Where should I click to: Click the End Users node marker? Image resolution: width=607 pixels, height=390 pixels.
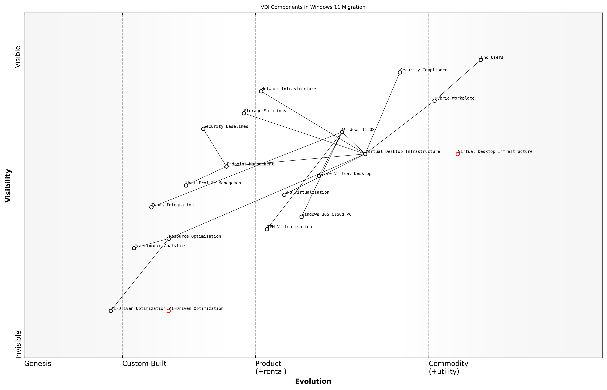coord(481,60)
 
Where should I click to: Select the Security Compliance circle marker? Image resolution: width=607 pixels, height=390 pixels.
coord(400,72)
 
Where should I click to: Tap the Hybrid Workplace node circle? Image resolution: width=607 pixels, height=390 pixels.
coord(434,101)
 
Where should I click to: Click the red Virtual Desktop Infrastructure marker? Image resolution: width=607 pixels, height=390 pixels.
coord(457,154)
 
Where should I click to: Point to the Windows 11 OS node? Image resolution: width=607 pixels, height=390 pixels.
coord(342,132)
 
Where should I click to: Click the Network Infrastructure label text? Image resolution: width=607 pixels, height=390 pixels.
coord(289,89)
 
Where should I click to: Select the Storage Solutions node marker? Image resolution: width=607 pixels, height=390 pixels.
coord(244,113)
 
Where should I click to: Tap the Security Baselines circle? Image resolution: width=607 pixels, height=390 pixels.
coord(203,129)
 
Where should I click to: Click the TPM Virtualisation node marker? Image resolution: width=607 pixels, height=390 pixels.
coord(267,229)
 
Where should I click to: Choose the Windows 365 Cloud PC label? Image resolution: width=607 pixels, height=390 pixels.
coord(327,214)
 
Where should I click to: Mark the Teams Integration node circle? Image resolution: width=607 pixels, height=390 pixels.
coord(151,207)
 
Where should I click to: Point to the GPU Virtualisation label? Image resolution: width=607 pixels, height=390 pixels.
coord(307,192)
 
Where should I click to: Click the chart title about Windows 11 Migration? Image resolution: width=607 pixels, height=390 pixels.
coord(313,7)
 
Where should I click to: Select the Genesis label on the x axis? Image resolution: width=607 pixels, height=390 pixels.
coord(38,364)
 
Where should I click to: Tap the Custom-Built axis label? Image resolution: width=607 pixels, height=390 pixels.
coord(144,364)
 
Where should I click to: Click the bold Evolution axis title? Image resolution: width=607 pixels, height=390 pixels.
coord(313,381)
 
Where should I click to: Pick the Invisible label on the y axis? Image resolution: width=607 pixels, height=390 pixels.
coord(18,344)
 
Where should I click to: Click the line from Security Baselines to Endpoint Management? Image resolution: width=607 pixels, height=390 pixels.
coord(215,148)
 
